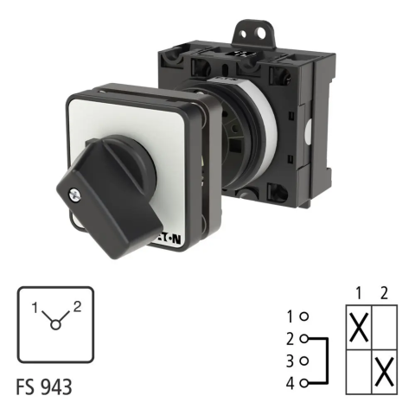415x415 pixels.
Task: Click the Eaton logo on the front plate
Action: click(x=169, y=239)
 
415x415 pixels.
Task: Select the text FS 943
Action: click(x=44, y=387)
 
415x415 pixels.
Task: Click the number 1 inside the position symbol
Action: click(x=35, y=308)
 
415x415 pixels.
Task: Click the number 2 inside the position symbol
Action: click(x=77, y=307)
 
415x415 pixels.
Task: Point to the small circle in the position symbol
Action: click(x=55, y=325)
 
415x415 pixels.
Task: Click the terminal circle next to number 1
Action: click(x=304, y=316)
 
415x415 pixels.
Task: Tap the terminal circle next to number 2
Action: click(x=304, y=339)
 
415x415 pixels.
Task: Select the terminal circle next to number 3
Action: click(x=304, y=361)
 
